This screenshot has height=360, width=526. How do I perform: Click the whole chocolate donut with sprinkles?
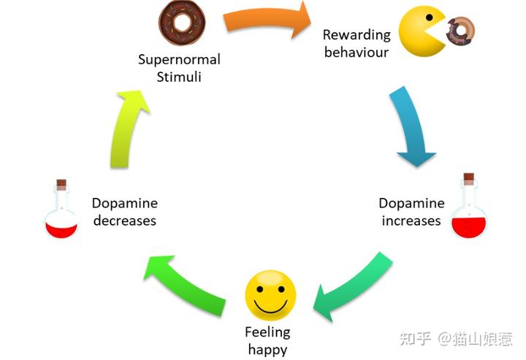[182, 22]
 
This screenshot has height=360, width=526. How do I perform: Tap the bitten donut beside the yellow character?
[460, 31]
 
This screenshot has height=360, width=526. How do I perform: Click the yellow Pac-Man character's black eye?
[429, 17]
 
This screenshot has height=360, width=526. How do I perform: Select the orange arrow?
[267, 20]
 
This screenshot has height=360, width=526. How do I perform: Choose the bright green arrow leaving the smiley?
[185, 285]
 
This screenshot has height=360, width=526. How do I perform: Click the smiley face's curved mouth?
[270, 306]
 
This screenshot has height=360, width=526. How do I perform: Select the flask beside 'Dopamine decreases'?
[61, 210]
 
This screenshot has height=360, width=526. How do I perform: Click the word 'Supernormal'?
[179, 60]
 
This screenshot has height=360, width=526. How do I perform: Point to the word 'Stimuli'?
[179, 77]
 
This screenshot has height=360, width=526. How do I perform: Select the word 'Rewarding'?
[357, 35]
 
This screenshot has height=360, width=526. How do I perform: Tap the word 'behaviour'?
[357, 53]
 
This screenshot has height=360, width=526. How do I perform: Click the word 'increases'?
[411, 221]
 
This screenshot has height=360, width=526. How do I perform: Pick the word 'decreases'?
[125, 221]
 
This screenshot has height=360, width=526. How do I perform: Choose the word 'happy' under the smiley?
[267, 351]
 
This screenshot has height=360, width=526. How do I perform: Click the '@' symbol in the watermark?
[444, 339]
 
